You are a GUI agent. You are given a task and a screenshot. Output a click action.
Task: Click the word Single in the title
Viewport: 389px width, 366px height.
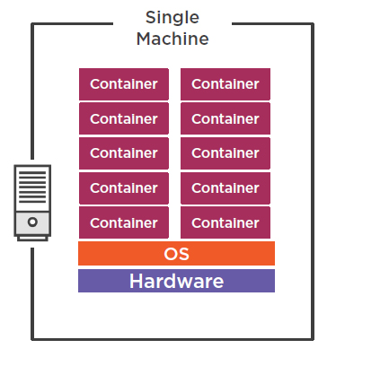[172, 18]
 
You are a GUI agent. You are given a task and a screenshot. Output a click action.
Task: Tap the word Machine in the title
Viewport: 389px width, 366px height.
[172, 39]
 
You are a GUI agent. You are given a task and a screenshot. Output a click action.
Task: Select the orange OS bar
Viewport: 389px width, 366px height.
[176, 254]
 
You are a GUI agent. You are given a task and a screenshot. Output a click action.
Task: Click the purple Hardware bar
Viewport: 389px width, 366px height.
[176, 281]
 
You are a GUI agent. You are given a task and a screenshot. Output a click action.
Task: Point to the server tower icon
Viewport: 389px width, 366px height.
[32, 202]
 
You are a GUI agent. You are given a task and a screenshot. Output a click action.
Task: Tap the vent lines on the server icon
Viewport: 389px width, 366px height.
[32, 189]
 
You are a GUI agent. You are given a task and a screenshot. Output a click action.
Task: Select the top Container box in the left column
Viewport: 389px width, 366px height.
[124, 84]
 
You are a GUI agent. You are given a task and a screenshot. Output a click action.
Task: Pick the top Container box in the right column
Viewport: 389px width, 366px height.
[225, 84]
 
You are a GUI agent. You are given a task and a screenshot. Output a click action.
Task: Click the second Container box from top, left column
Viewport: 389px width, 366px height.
[124, 118]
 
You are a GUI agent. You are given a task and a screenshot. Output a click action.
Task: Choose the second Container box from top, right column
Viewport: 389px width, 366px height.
[225, 118]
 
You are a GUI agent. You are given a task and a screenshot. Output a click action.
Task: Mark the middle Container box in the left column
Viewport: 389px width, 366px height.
[124, 153]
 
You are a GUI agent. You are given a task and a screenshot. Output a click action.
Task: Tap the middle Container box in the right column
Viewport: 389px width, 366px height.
[225, 153]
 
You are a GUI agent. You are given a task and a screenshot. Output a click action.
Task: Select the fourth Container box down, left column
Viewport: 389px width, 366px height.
[124, 188]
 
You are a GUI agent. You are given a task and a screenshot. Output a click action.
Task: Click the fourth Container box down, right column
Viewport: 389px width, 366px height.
[225, 188]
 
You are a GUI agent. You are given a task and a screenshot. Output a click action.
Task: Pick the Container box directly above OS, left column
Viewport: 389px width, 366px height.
[124, 222]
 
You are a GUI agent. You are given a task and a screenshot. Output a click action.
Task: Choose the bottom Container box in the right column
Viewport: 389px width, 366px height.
[225, 222]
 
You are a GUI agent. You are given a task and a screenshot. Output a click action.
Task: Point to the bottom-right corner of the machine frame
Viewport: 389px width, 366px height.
[312, 338]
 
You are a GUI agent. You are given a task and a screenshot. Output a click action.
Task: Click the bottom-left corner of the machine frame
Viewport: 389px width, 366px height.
[33, 338]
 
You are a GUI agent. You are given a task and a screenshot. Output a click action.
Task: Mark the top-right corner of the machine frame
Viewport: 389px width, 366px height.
[312, 25]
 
